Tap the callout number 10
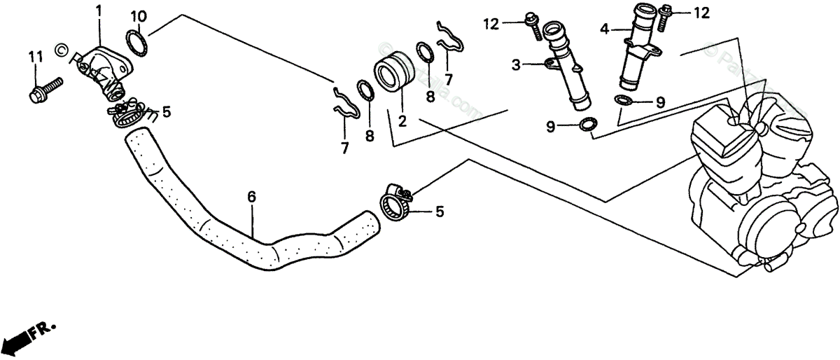click(x=138, y=15)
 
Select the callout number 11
click(x=36, y=56)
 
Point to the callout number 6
click(x=251, y=197)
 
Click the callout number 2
click(x=402, y=120)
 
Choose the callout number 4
click(x=604, y=29)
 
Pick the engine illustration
click(x=756, y=182)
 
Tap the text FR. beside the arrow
click(x=46, y=327)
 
